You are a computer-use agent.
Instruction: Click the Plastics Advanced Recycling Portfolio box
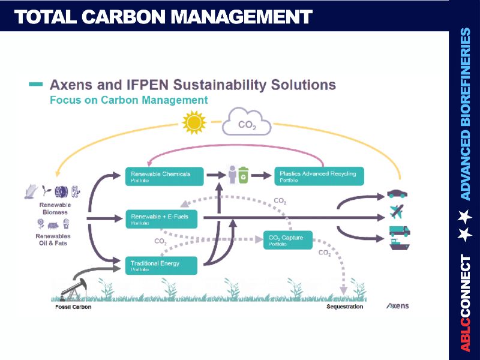[x=319, y=176]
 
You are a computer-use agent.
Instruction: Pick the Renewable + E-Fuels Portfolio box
[x=160, y=219]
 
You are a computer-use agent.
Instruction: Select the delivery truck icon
[x=399, y=230]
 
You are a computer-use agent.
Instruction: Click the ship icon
[x=399, y=244]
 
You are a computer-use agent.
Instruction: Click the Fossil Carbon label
[x=70, y=307]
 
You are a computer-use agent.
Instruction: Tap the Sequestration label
[x=344, y=307]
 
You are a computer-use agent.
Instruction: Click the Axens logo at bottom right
[x=397, y=306]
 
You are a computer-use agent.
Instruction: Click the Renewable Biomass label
[x=55, y=208]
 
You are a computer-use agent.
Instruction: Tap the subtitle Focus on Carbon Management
[x=128, y=100]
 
